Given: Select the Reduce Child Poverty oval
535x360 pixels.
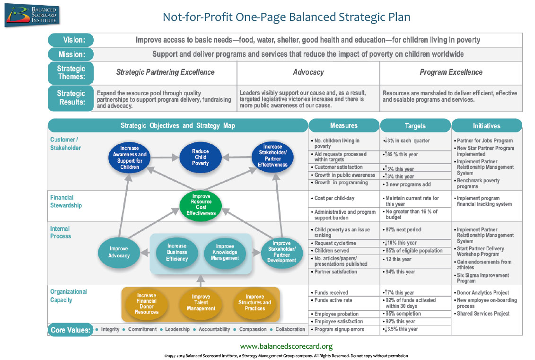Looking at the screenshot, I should (200, 157).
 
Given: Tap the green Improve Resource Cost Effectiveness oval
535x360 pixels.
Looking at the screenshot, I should (201, 204).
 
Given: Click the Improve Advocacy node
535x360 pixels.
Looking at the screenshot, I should (119, 252).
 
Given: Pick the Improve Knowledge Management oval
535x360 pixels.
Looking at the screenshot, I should (225, 252).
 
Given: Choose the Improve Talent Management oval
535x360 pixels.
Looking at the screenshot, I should (201, 303).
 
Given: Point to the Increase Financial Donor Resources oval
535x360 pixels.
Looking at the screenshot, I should (147, 303).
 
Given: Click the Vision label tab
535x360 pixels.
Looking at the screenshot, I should (71, 40).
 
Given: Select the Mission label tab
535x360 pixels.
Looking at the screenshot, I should (71, 54).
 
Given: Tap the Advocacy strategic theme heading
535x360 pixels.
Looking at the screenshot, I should (308, 72).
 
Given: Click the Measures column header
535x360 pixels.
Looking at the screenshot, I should (344, 125).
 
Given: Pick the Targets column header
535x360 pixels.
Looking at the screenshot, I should (415, 126).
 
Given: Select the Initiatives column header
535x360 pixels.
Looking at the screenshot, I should (487, 126).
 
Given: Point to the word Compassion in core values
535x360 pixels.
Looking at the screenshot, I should (252, 329).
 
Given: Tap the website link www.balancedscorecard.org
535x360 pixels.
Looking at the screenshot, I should (286, 346).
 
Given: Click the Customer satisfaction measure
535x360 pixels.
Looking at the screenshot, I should (338, 167).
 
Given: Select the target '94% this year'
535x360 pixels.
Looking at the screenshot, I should (400, 272).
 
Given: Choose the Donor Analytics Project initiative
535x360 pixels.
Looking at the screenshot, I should (483, 293).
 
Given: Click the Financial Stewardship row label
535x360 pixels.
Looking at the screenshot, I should (66, 202).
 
